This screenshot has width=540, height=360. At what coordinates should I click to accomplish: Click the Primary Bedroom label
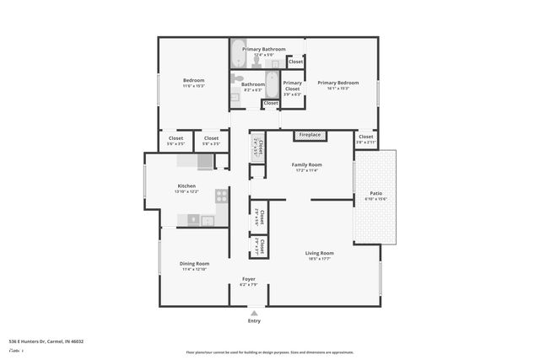tap(337, 83)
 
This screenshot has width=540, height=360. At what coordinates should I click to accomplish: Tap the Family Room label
tap(307, 164)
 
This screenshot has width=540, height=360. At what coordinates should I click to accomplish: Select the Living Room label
tap(319, 253)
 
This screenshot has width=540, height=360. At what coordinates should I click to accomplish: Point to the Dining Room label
tap(194, 263)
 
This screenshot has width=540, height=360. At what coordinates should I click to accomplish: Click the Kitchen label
tap(186, 185)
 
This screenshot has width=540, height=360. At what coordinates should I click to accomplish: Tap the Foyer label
tap(249, 279)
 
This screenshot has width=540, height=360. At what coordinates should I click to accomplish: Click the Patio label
tap(375, 193)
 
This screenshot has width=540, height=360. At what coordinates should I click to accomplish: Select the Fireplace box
tap(310, 135)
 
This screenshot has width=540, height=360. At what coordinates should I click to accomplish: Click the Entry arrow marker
tap(254, 313)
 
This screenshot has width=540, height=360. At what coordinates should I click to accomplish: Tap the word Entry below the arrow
tap(254, 321)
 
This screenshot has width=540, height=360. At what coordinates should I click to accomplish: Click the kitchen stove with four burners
tap(221, 196)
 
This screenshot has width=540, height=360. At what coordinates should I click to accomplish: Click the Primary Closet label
tap(292, 85)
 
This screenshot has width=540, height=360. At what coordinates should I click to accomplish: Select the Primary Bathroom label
tap(263, 49)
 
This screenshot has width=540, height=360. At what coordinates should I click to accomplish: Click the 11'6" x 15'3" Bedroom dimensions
tap(194, 86)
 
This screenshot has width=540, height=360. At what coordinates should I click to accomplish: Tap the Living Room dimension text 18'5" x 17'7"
tap(319, 260)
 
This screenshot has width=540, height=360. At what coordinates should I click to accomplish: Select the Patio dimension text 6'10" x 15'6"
tap(375, 199)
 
